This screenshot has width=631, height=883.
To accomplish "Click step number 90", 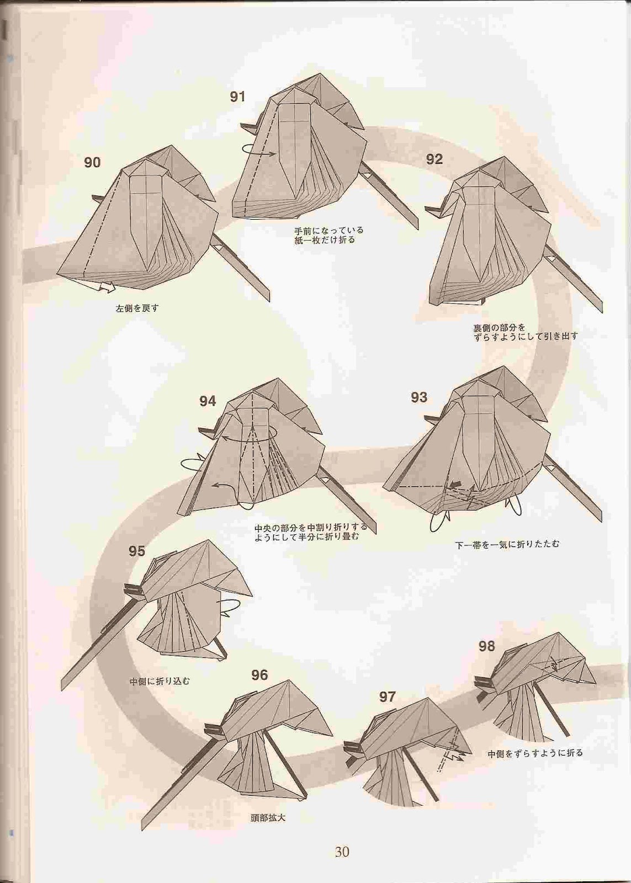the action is point(92,162).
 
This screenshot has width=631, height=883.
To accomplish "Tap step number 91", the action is point(238,97).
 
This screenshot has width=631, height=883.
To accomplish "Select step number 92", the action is point(434,159).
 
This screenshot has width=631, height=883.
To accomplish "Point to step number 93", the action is point(419,397).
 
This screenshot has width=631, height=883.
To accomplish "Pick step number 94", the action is point(208,401).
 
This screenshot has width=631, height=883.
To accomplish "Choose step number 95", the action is point(137,551).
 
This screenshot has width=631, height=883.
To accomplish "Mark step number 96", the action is point(259,675).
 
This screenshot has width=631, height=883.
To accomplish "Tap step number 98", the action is point(487,646).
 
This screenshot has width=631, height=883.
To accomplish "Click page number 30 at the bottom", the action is point(342,849).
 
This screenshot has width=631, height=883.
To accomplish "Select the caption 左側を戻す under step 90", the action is point(137,308).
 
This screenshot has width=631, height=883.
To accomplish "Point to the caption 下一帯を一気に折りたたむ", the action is point(507,545).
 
